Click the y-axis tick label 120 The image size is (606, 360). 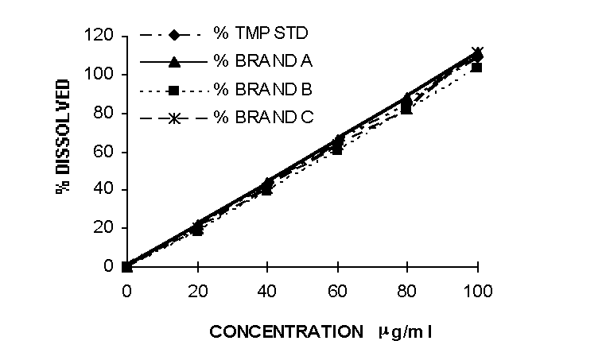(102, 37)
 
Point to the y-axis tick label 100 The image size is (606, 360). (102, 75)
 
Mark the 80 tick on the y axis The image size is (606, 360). (106, 113)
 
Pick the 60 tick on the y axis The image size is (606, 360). (106, 151)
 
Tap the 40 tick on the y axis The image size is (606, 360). (106, 189)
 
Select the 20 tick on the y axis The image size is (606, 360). (106, 228)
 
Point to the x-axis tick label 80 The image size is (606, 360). (407, 291)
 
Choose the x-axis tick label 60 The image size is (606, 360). (337, 291)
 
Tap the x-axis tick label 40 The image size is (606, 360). (267, 291)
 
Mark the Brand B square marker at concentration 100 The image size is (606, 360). (477, 68)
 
